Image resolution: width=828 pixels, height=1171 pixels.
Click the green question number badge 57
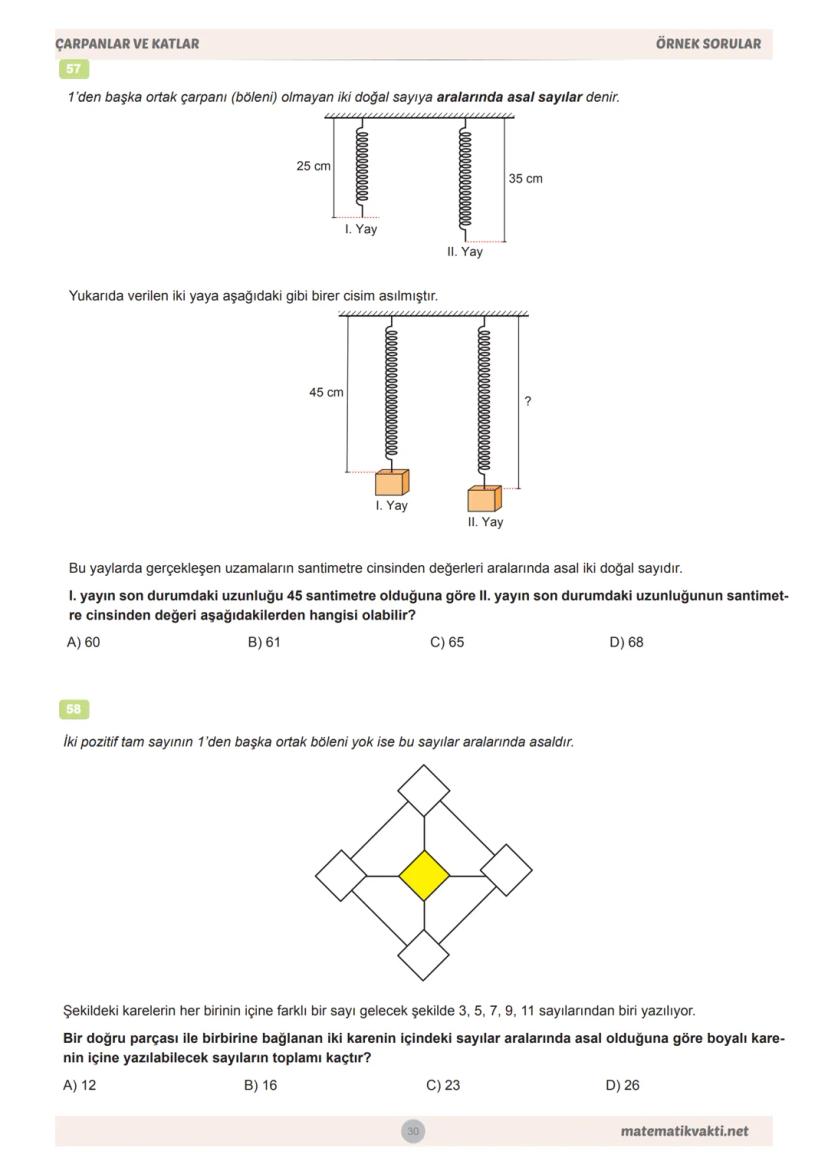click(74, 69)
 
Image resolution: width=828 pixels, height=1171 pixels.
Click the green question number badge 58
click(74, 709)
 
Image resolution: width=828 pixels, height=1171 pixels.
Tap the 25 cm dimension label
click(313, 166)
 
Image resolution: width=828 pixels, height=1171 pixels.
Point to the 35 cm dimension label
click(525, 179)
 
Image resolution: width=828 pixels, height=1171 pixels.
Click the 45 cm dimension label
click(326, 393)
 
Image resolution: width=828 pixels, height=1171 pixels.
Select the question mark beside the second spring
click(528, 401)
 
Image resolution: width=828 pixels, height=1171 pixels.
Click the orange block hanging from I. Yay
click(392, 482)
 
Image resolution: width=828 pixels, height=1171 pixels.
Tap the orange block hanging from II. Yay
click(484, 498)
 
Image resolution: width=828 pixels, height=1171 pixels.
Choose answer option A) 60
click(83, 642)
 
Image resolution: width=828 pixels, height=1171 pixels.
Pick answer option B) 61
click(264, 642)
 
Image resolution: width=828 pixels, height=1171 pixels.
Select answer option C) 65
click(447, 642)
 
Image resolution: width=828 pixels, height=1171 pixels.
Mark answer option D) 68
click(626, 642)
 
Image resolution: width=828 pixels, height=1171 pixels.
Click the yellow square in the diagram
click(424, 875)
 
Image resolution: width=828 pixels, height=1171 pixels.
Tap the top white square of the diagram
click(424, 790)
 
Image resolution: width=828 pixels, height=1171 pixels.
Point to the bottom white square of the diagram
click(424, 955)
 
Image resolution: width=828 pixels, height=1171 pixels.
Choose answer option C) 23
click(443, 1085)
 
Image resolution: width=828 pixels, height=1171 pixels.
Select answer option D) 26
click(622, 1085)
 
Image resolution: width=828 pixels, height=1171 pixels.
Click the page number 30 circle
click(413, 1131)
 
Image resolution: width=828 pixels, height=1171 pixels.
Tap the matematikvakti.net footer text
click(684, 1131)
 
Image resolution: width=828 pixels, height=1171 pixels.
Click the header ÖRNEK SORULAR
click(708, 44)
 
